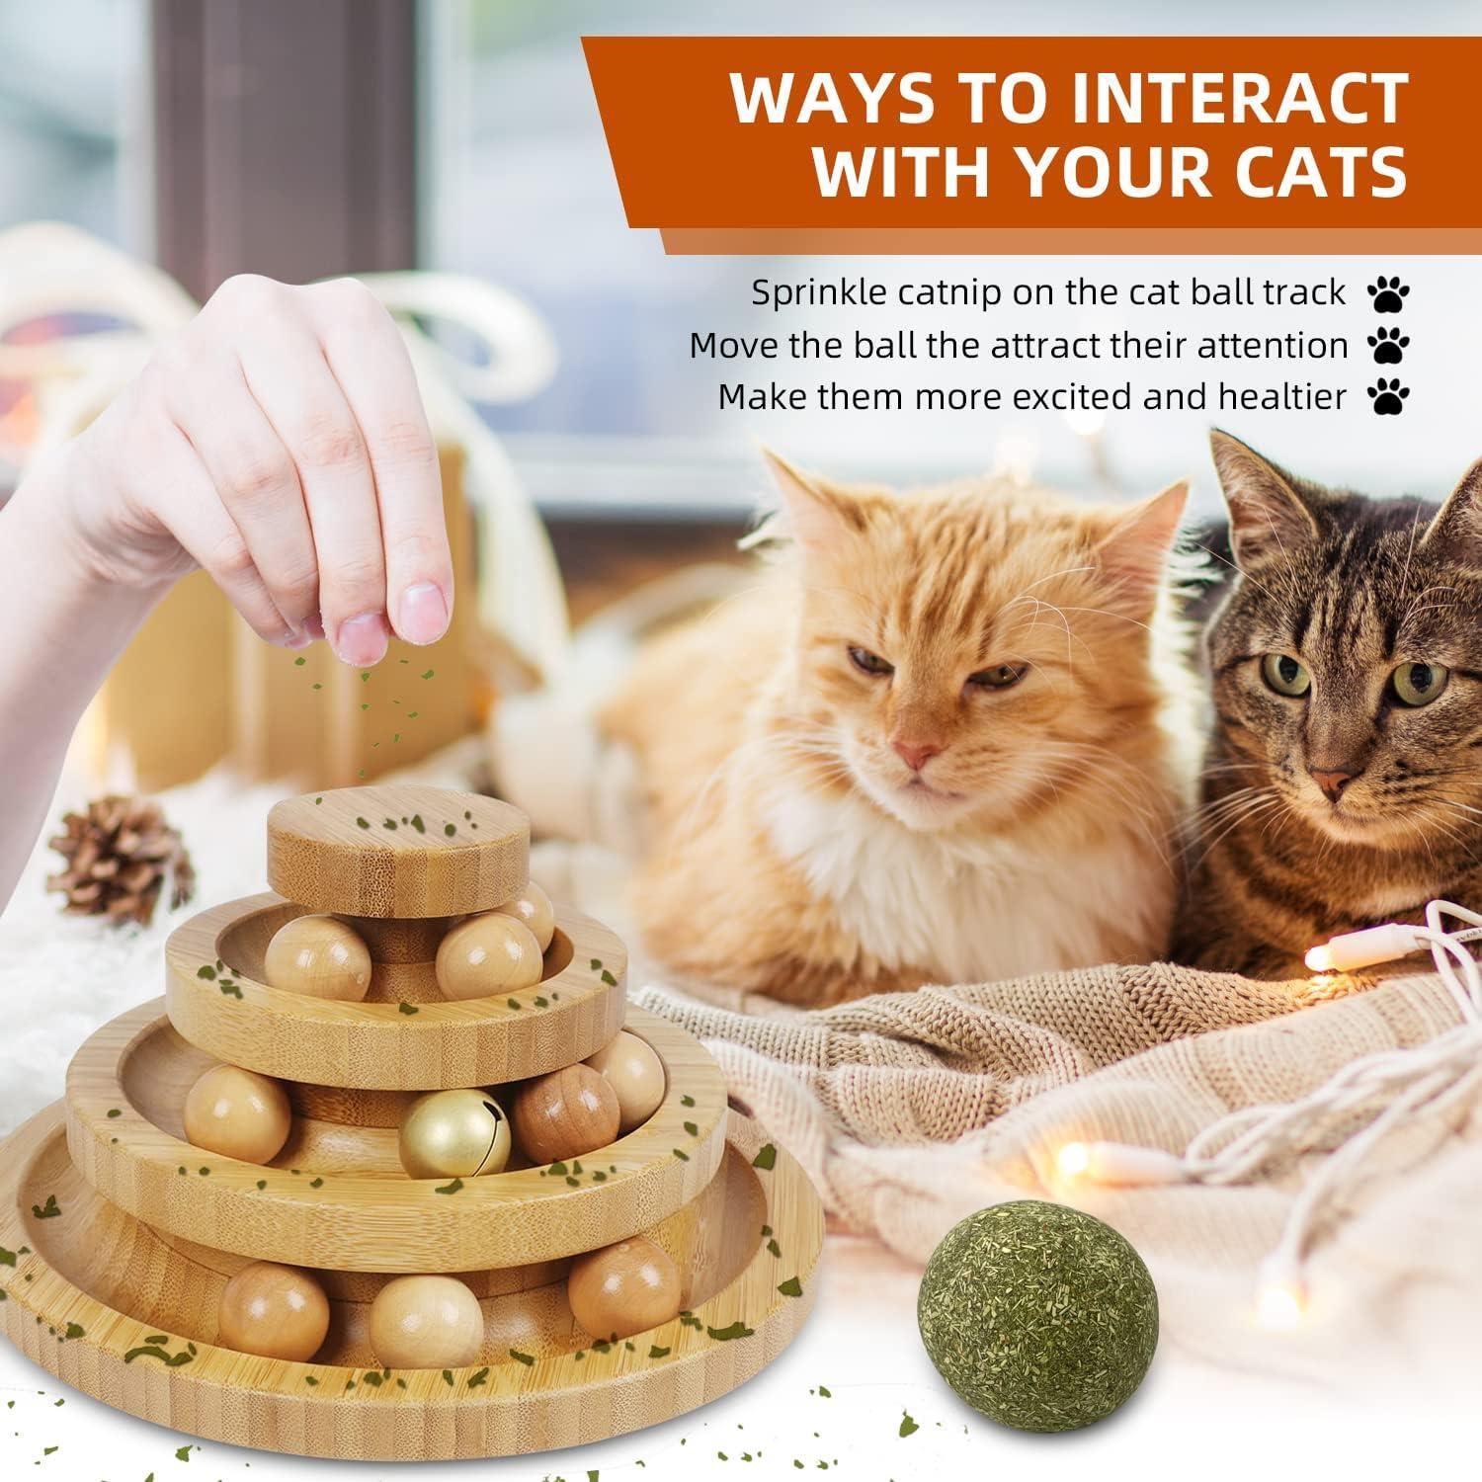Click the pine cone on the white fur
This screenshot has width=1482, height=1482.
[x=119, y=859]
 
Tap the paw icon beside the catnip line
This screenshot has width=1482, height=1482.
[x=1388, y=293]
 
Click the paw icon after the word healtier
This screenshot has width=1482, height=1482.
[x=1388, y=397]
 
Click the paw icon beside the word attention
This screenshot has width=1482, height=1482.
[x=1388, y=346]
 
